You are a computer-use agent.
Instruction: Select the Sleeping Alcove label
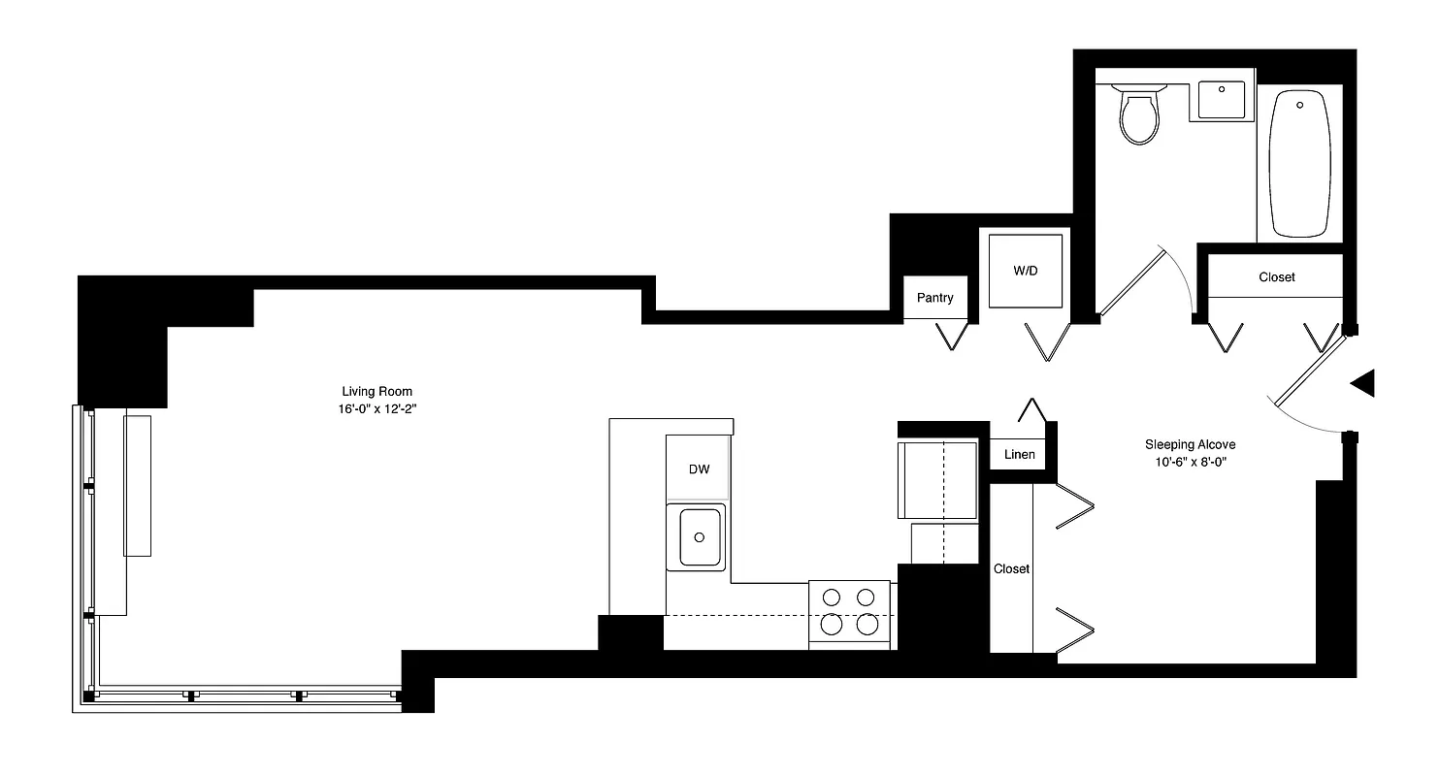tap(1190, 444)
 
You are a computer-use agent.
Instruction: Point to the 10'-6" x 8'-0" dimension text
tap(1190, 463)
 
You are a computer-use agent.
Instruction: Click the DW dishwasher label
tap(699, 469)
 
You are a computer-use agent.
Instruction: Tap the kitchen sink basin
tap(699, 535)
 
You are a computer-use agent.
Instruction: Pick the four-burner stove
tap(849, 612)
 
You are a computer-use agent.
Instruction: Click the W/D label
tap(1025, 271)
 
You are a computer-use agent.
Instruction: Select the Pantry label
tap(934, 298)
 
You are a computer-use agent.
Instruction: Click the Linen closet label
tap(1019, 454)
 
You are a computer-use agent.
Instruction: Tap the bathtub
tap(1299, 163)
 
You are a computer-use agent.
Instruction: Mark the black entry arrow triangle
tap(1363, 383)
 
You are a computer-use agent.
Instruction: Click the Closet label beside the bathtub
tap(1276, 277)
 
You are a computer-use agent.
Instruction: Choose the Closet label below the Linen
tap(1011, 568)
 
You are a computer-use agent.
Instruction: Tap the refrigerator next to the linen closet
tap(937, 480)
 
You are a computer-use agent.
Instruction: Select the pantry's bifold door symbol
tap(952, 336)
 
